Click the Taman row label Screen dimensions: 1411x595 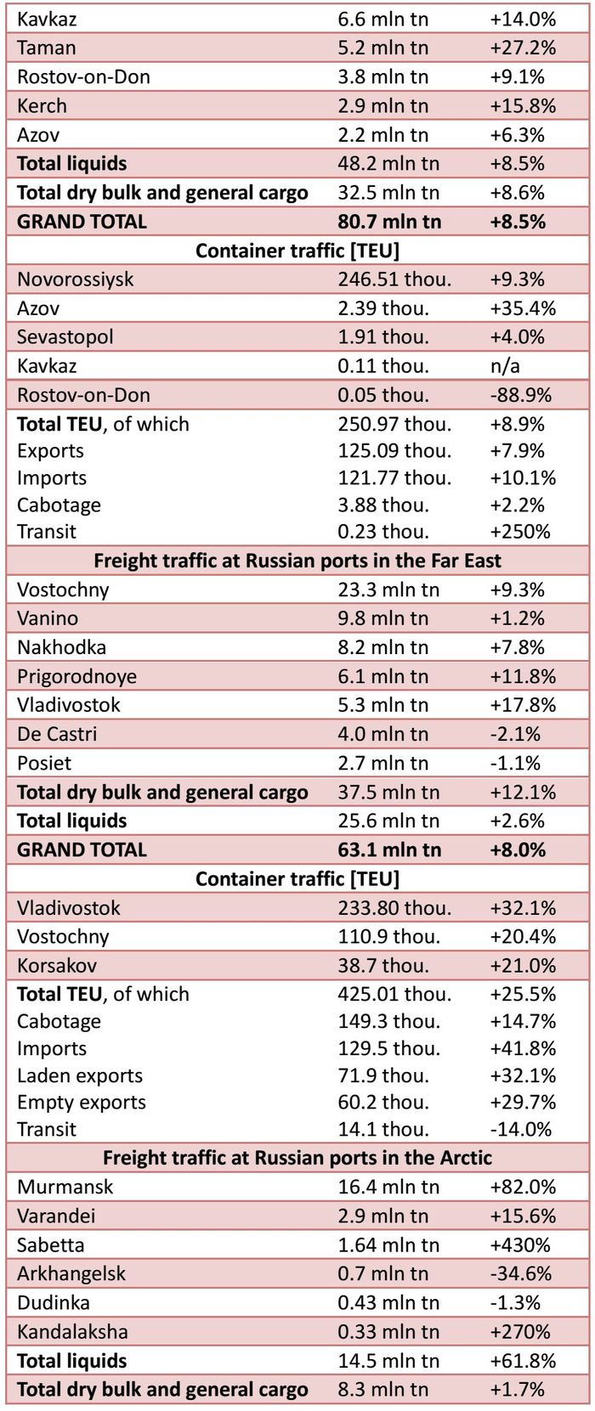(47, 48)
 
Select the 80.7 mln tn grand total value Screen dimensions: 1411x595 (389, 222)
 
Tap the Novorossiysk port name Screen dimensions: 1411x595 (75, 279)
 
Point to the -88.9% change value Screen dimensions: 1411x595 (520, 395)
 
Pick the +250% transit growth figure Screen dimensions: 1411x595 (520, 532)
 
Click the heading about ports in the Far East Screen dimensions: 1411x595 (297, 561)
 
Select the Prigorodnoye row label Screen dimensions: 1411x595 (76, 676)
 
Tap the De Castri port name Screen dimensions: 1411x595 (57, 734)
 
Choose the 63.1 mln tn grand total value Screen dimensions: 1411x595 (389, 849)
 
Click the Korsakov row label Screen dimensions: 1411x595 (57, 966)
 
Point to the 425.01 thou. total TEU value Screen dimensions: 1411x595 (394, 994)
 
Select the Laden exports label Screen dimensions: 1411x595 (80, 1075)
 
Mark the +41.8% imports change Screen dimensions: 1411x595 (523, 1048)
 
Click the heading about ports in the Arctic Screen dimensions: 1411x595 (297, 1158)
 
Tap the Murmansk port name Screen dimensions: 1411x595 (65, 1187)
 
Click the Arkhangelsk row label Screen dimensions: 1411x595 (71, 1273)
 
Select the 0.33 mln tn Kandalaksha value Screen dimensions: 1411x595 (388, 1332)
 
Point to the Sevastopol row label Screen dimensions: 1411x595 (65, 337)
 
